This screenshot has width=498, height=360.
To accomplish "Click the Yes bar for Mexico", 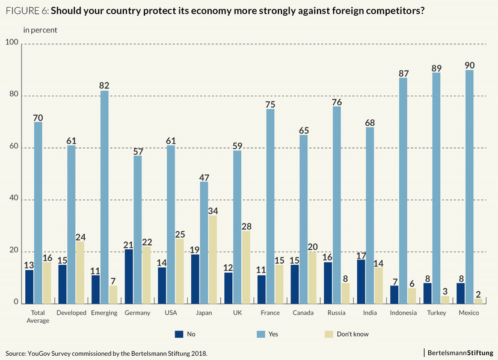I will [469, 187].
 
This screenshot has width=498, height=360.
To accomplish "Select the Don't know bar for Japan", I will [212, 259].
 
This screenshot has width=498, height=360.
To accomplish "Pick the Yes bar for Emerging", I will [104, 197].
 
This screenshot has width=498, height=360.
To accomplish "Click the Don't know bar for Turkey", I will [445, 300].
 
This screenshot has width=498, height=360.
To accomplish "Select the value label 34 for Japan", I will [213, 210].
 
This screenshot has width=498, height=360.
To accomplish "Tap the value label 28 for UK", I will [245, 226].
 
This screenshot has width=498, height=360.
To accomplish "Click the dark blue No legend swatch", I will [179, 334].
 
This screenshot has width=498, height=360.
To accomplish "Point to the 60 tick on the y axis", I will [13, 148].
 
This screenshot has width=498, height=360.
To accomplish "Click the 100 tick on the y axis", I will [11, 43].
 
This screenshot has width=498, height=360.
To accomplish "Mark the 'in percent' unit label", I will [40, 29].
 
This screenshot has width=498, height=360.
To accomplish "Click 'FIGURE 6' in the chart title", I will [26, 11].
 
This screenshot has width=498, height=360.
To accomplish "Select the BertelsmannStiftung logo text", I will [461, 352].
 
